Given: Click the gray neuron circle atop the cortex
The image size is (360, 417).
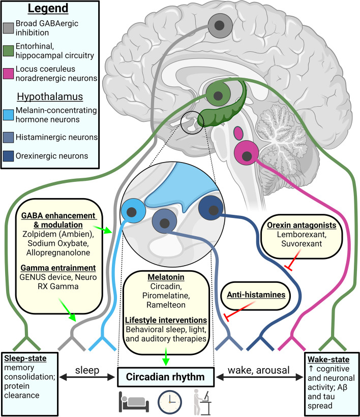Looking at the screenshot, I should [x=220, y=25].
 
